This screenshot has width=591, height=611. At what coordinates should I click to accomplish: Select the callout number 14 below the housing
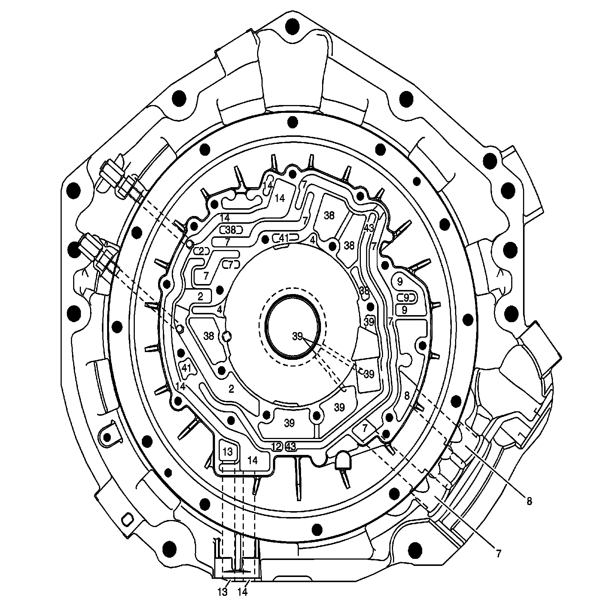coord(242,602)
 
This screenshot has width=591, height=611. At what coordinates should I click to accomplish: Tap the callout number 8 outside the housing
coord(529,502)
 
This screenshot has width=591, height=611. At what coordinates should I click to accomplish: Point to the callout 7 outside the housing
coord(498,554)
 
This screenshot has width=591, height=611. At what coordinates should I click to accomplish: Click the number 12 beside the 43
coord(277,446)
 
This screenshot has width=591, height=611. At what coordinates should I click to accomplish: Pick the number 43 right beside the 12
coord(291,446)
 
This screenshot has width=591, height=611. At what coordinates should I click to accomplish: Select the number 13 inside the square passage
coord(228,452)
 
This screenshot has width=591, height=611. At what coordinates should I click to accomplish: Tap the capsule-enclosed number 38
coord(231,230)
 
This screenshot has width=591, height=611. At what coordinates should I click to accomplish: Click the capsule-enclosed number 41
coord(284,239)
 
